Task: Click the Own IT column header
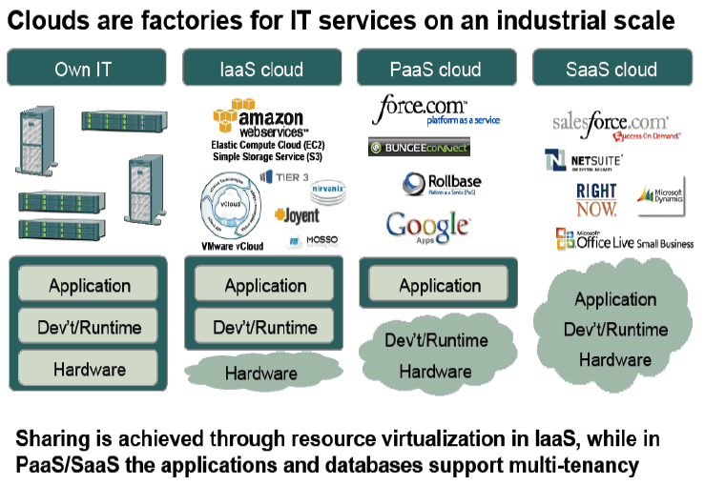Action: point(89,69)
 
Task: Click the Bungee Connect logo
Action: point(419,148)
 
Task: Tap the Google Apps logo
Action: point(427,226)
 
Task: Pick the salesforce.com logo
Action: point(610,125)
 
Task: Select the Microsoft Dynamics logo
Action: point(661,194)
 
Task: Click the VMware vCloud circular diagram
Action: point(229,210)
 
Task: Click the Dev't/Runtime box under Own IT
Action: point(90,328)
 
